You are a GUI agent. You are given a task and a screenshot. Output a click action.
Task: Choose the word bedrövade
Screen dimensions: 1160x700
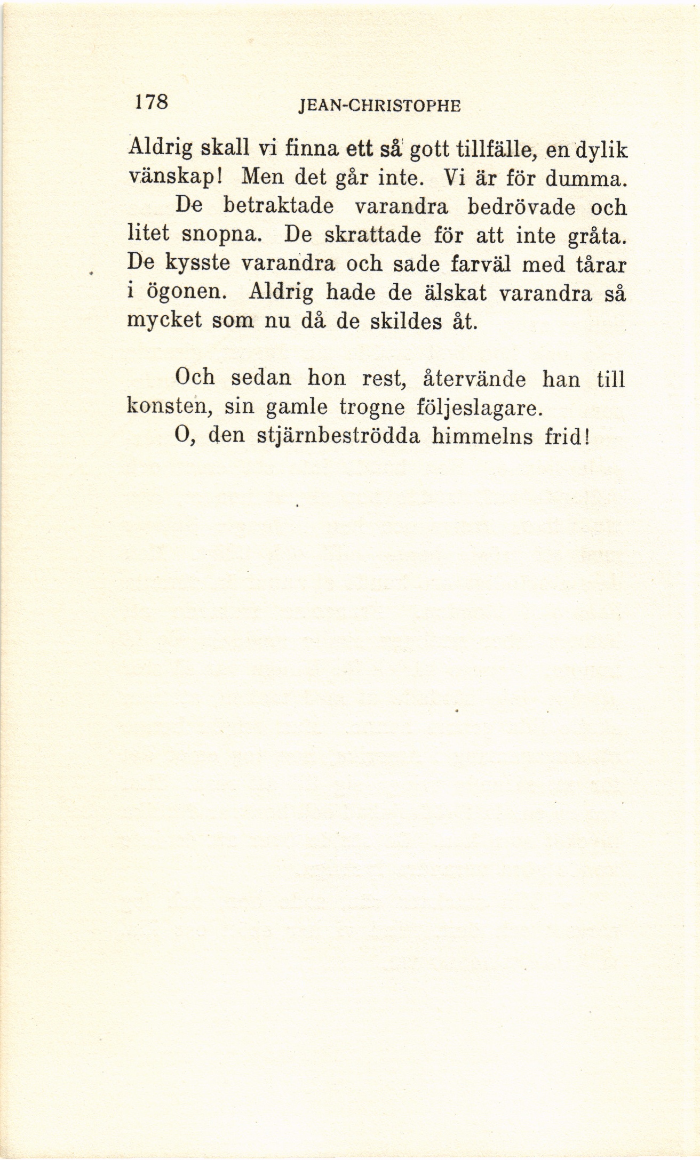tap(521, 206)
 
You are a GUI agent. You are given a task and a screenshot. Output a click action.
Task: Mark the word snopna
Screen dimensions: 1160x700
tap(221, 235)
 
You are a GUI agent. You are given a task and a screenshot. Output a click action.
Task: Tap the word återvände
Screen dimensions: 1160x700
tap(474, 379)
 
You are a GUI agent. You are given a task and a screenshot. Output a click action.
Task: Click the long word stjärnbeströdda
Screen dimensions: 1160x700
tap(338, 437)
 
